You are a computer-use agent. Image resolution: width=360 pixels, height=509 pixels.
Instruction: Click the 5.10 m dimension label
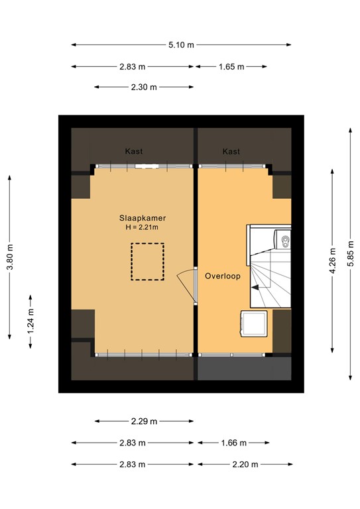[181, 45]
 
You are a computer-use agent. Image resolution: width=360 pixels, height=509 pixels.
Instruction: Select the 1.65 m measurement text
[231, 67]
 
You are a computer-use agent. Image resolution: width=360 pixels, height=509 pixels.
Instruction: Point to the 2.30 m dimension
[144, 87]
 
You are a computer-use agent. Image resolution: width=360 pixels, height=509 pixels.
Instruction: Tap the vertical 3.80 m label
[9, 257]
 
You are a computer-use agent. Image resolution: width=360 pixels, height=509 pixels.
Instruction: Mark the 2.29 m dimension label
[144, 422]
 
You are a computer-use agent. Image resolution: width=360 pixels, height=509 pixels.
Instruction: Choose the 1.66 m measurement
[233, 443]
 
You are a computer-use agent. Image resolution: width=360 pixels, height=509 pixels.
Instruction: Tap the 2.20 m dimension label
[244, 465]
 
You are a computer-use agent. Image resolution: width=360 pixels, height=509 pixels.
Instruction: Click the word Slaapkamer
[143, 217]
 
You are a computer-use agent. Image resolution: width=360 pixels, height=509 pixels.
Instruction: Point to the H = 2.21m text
[143, 227]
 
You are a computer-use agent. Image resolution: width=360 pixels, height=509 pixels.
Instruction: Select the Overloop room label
[222, 276]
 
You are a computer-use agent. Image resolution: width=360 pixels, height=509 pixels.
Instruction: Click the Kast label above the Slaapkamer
[134, 152]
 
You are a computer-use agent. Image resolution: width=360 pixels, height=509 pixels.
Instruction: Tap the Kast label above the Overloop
[231, 152]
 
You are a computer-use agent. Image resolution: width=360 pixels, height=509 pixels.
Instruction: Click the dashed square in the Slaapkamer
[147, 262]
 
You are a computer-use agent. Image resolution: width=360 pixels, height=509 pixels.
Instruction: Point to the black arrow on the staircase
[256, 286]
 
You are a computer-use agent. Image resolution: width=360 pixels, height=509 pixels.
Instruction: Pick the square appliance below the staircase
[255, 325]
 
